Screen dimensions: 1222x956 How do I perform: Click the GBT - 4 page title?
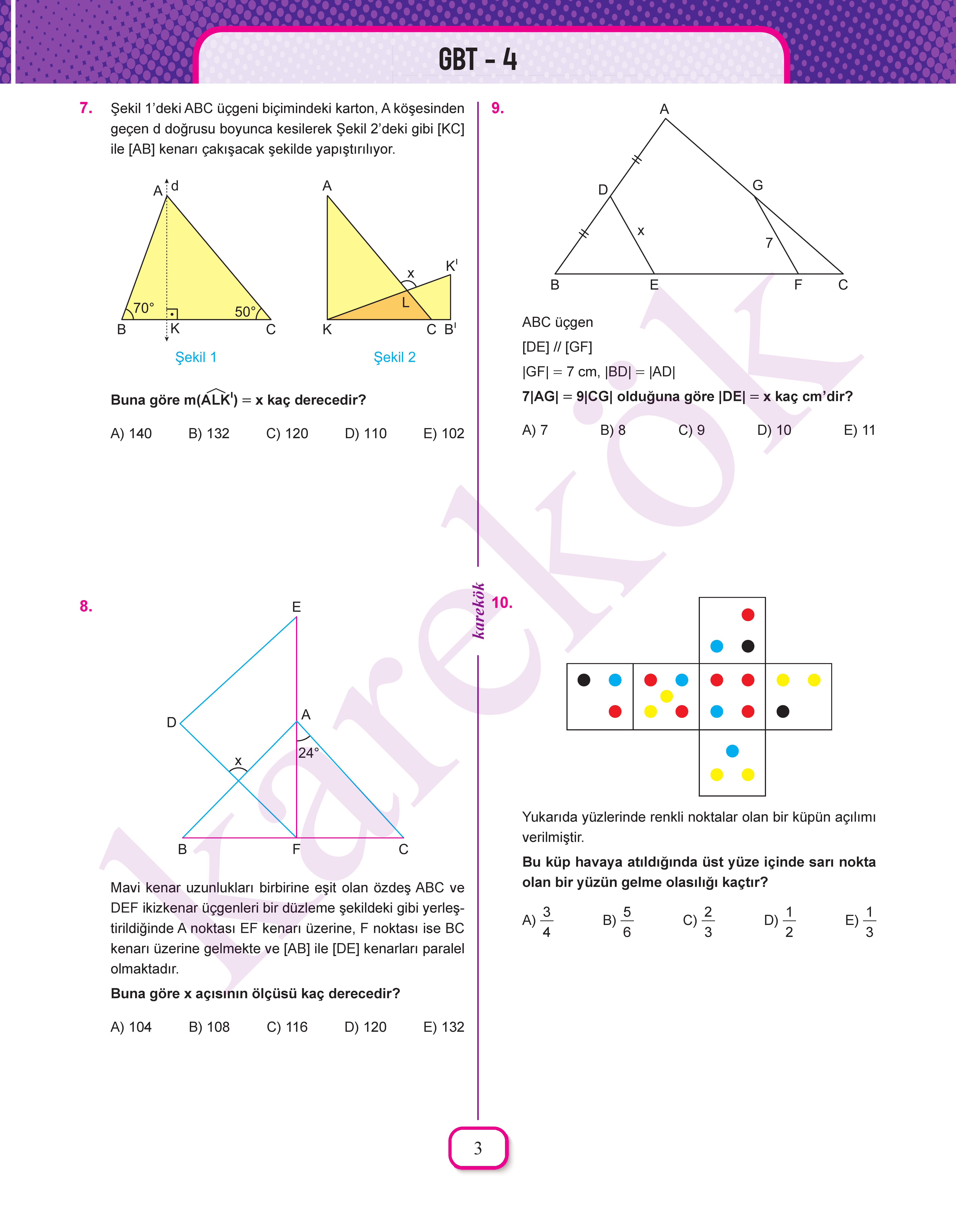[477, 59]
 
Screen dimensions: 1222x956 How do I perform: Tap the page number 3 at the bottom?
[477, 1148]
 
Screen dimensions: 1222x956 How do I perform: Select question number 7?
[86, 108]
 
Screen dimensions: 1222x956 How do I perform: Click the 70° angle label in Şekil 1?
[143, 308]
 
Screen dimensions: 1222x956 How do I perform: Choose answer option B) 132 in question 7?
[209, 433]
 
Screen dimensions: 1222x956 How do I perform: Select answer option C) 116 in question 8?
[287, 1027]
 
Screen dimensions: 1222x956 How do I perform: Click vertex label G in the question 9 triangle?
[757, 185]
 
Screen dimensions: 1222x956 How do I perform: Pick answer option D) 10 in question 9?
[774, 430]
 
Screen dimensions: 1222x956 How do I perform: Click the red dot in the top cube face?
[748, 615]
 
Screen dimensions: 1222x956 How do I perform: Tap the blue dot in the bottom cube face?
[732, 751]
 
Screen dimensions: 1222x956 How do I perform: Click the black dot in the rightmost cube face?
[783, 711]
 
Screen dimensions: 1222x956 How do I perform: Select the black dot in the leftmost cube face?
[584, 680]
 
